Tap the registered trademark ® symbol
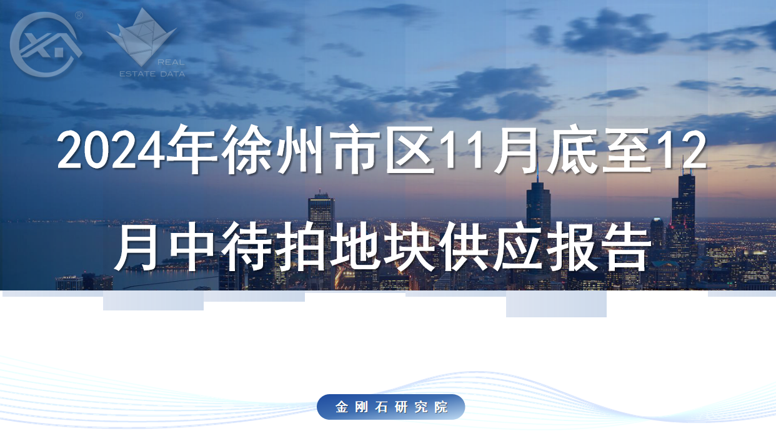point(79,15)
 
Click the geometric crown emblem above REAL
point(142,36)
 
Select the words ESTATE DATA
point(152,74)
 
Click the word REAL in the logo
point(171,62)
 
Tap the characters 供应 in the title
point(491,247)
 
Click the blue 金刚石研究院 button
point(390,407)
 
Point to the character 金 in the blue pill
point(342,407)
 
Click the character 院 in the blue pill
point(441,407)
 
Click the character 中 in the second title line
point(192,247)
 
